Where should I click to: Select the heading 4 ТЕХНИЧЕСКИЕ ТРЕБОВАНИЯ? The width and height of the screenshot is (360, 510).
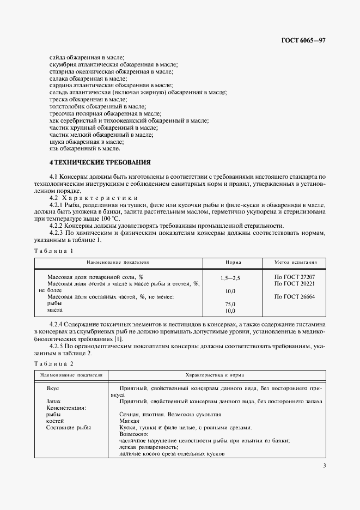(x=100, y=162)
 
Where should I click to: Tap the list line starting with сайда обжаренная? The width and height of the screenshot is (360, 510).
(x=87, y=57)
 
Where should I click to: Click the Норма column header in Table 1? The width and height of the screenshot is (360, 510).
(x=233, y=262)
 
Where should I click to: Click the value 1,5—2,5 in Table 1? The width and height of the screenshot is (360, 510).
(x=230, y=277)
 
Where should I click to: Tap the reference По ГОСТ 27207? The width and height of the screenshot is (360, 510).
(x=295, y=277)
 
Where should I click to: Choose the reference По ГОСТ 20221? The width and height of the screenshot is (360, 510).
(x=295, y=284)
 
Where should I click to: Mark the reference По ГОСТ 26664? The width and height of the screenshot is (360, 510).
(x=295, y=296)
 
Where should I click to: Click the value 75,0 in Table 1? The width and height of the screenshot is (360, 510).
(x=230, y=303)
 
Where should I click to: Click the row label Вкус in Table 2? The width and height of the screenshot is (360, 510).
(x=53, y=388)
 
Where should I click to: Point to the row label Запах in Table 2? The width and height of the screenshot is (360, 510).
(x=54, y=401)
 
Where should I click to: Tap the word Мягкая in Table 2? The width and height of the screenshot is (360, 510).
(x=129, y=421)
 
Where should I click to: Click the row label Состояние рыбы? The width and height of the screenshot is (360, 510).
(x=68, y=428)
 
